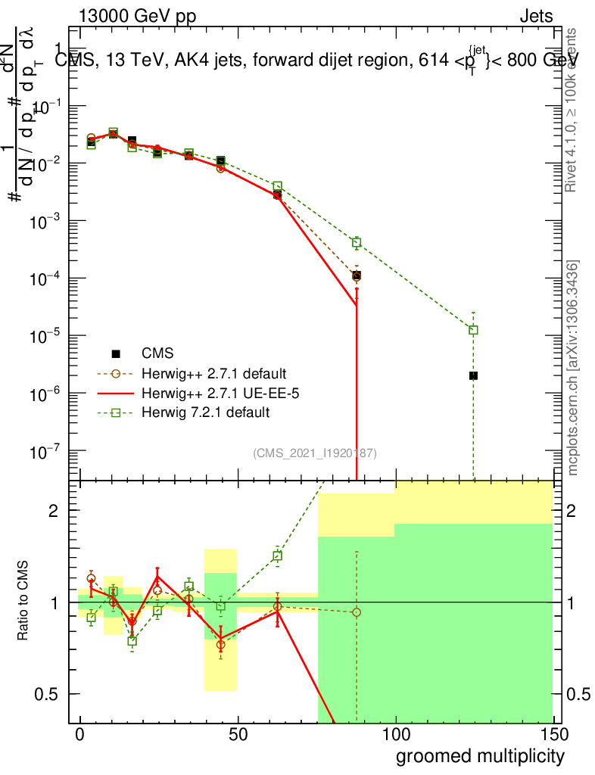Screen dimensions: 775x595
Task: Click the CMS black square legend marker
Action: (116, 353)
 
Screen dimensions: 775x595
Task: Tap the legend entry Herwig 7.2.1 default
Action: (205, 413)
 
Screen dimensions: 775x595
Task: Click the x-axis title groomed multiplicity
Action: (480, 755)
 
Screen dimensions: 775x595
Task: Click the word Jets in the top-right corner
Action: (535, 17)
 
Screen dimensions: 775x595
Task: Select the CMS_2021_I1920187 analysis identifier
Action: (315, 453)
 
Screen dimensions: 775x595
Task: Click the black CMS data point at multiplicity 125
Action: (473, 375)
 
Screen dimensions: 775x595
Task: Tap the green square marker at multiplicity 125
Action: (473, 330)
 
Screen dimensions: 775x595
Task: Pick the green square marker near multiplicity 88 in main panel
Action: (357, 243)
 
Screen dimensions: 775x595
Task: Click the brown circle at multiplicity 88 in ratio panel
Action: (357, 612)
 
